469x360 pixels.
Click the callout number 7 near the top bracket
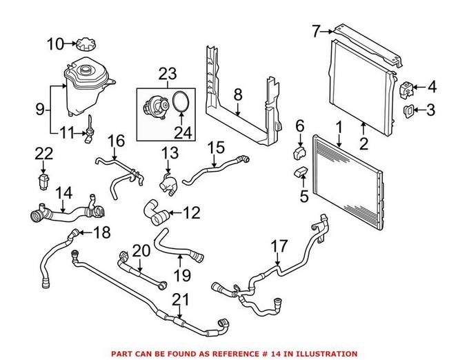(x=317, y=30)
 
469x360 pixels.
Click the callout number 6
(x=300, y=126)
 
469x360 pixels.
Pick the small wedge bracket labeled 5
(x=301, y=172)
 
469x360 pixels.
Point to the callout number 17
(x=279, y=245)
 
